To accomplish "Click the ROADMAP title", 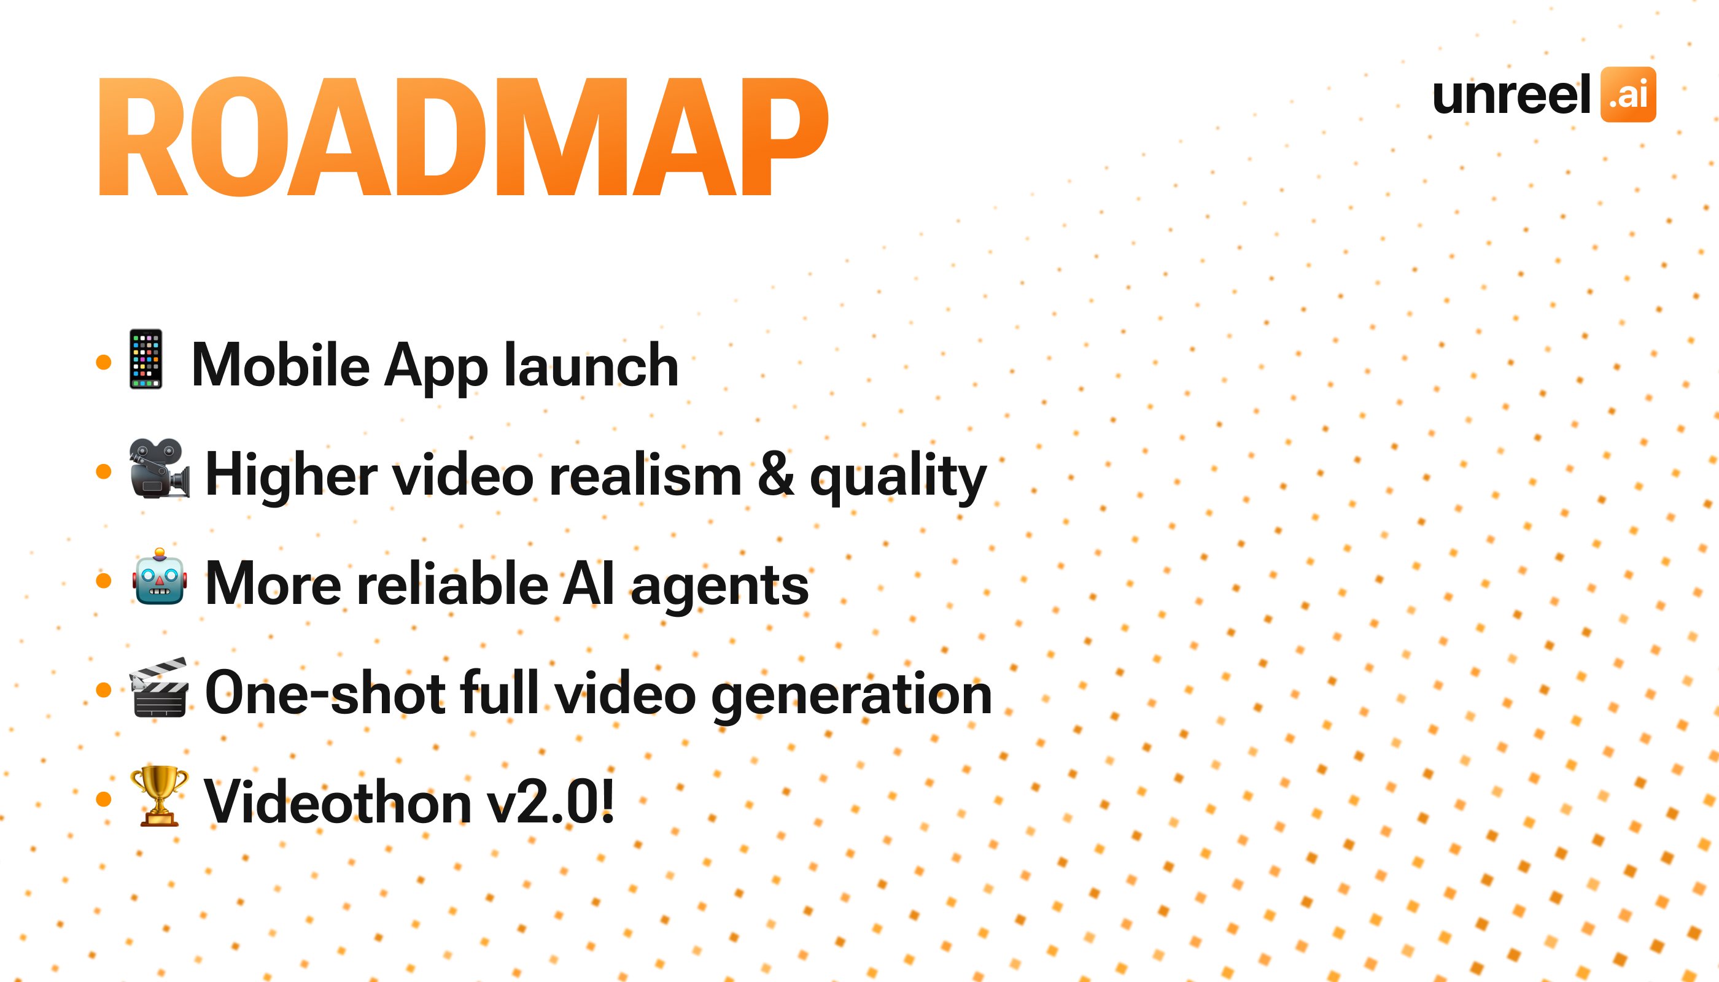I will coord(463,137).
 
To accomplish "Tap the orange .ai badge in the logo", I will coord(1628,95).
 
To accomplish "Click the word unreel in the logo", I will coord(1511,95).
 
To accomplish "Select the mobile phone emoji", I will coord(146,359).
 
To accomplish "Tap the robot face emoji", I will coord(159,578).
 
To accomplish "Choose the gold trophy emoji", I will coord(159,797).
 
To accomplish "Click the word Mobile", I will coord(280,366).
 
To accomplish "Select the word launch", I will coord(591,366).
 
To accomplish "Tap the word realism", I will coord(645,476).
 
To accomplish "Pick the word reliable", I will coord(452,584).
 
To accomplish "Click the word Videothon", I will coord(337,802).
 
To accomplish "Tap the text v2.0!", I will coord(551,802).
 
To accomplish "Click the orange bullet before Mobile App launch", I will coord(104,362).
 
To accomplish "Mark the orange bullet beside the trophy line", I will coord(104,800).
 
